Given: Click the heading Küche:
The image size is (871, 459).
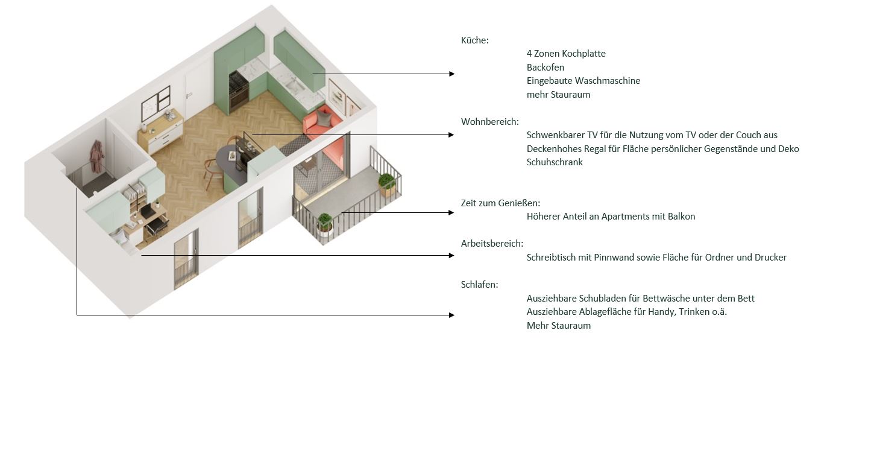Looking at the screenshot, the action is pos(474,40).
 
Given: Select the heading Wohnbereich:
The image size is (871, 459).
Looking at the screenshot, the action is pos(489,122).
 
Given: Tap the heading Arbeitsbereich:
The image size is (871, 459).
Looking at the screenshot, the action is pos(492,244).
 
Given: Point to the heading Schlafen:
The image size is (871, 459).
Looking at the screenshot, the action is pos(479,284).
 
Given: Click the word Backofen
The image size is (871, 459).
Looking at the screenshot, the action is pos(545,68).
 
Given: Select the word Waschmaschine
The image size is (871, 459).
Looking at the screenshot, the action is pos(608,80).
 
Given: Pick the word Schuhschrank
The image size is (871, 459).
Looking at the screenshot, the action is pos(555,162).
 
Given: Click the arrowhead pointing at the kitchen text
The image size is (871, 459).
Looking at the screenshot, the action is pos(452,74).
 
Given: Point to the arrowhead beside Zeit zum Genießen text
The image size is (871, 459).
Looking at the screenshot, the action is pos(451,212).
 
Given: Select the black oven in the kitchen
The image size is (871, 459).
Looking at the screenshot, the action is pos(238,91).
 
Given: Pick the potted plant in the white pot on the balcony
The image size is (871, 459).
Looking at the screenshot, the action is pos(325,225).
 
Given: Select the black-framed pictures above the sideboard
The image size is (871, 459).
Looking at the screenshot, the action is pos(156,103).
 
